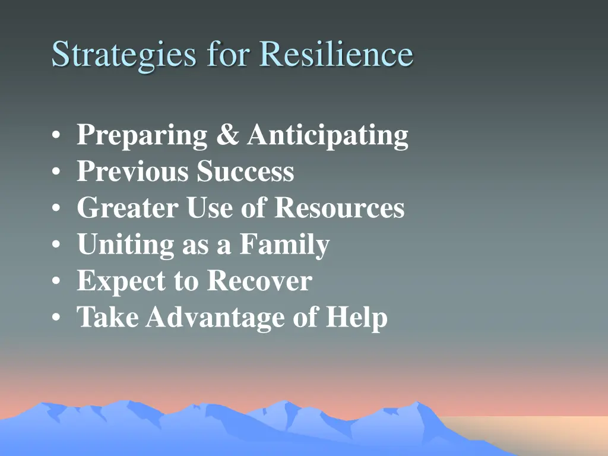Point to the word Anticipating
pyautogui.click(x=328, y=136)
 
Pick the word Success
pyautogui.click(x=246, y=172)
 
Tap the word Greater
pyautogui.click(x=128, y=208)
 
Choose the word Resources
pyautogui.click(x=340, y=208)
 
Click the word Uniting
pyautogui.click(x=125, y=245)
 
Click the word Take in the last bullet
pyautogui.click(x=107, y=318)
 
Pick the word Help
pyautogui.click(x=356, y=318)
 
